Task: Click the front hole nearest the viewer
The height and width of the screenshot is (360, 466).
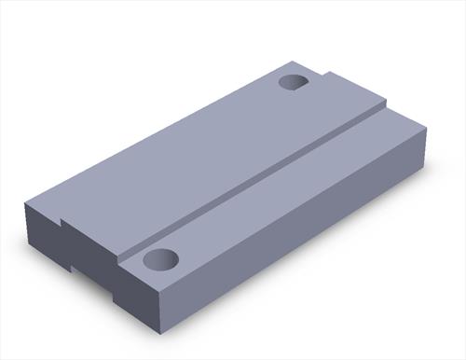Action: click(159, 259)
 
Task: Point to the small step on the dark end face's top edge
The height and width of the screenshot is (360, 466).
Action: click(62, 225)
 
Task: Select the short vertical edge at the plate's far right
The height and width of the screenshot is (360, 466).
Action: click(424, 148)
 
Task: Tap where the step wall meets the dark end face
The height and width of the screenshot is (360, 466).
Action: click(118, 255)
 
